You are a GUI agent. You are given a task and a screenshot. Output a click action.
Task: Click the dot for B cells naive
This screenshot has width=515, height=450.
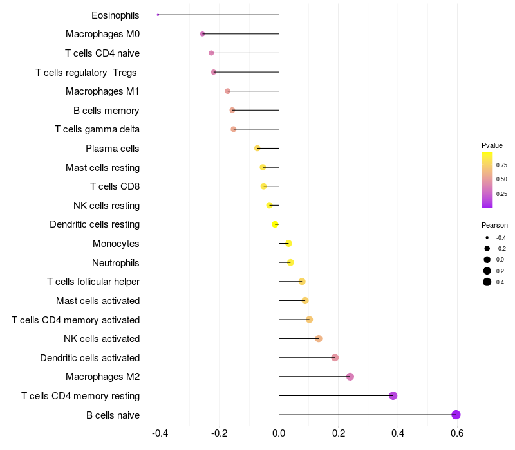(456, 415)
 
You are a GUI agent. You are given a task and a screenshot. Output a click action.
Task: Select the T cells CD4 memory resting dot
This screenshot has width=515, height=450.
(393, 395)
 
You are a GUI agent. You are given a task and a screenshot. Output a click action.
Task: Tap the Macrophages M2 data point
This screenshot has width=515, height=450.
(350, 377)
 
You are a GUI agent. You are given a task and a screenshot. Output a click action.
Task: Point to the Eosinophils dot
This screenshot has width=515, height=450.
(158, 15)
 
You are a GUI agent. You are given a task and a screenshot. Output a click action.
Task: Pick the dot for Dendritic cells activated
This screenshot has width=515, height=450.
(335, 357)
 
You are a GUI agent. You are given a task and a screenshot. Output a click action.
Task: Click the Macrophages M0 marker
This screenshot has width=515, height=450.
(203, 34)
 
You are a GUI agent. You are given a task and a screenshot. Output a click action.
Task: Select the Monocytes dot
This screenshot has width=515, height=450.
(288, 244)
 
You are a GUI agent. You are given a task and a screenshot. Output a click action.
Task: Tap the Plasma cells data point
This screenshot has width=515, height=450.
(257, 148)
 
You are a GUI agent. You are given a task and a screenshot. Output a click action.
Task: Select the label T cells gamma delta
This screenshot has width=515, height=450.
(97, 129)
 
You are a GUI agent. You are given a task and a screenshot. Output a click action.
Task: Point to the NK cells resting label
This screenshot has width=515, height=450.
(106, 206)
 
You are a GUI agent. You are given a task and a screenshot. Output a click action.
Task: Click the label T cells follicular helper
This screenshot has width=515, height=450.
(93, 282)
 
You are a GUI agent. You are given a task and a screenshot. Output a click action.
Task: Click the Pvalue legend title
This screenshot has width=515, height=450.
(492, 145)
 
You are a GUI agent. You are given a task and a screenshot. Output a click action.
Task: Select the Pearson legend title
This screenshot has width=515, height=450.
(494, 225)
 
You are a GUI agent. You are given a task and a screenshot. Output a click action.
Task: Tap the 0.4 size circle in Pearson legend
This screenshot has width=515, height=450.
(487, 282)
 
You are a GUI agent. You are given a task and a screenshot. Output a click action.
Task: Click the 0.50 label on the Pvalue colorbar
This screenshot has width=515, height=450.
(501, 179)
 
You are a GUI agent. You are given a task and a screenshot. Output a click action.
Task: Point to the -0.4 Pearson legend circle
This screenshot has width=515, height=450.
(487, 237)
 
